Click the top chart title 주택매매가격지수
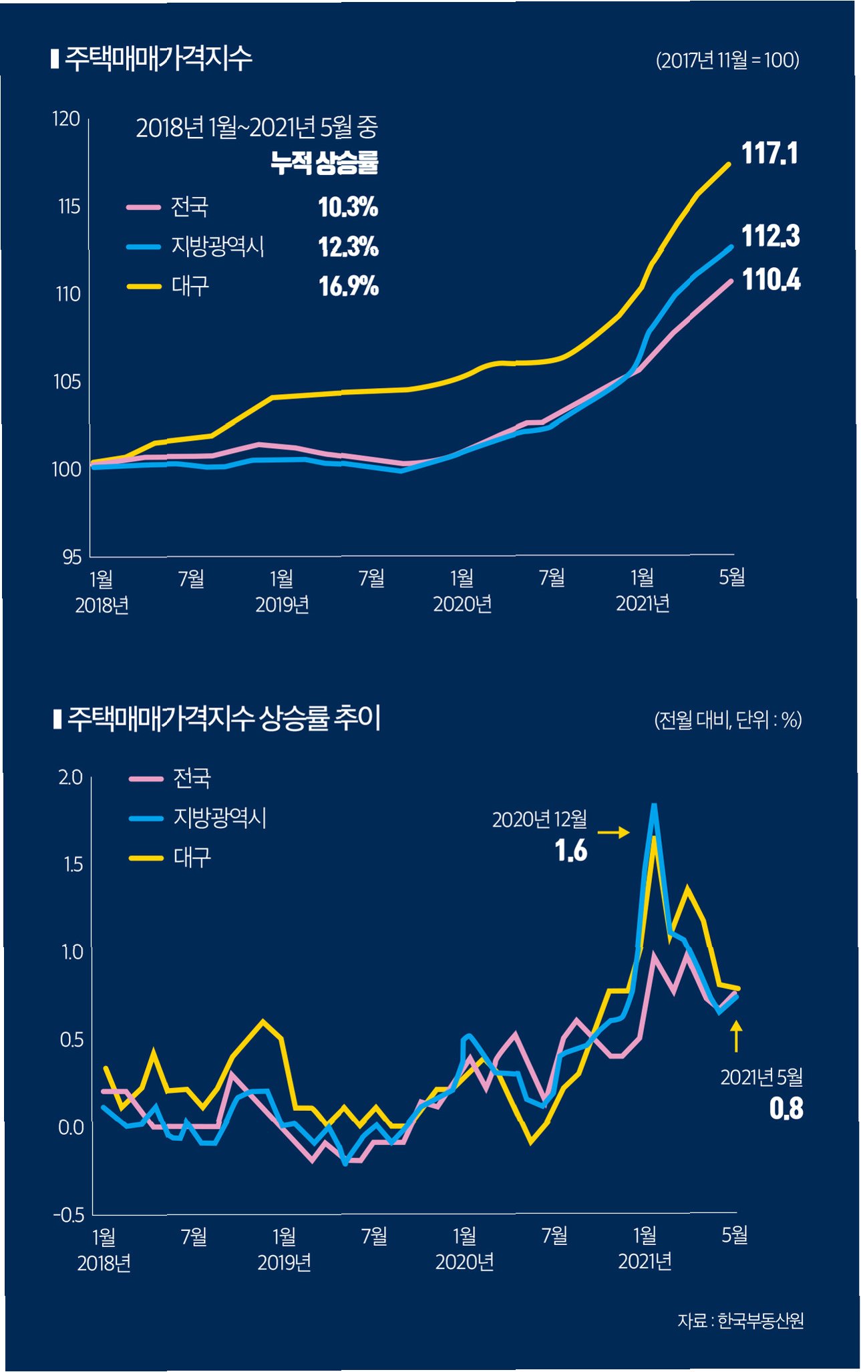pos(158,59)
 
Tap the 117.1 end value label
pos(769,154)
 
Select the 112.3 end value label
pos(770,236)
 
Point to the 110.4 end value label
pos(771,280)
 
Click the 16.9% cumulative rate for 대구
pos(348,287)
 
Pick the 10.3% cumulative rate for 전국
pos(348,207)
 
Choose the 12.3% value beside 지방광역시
pos(348,247)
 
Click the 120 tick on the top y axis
pos(66,119)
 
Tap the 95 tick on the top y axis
pos(71,556)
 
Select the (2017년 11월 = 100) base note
pos(727,60)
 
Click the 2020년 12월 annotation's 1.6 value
pos(570,851)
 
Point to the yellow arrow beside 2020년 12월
pos(613,832)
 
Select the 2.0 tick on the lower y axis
pos(70,778)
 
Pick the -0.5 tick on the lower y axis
pos(68,1214)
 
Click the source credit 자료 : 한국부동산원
pos(740,1321)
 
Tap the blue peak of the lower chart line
pos(654,806)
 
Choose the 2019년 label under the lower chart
pos(284,1262)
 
